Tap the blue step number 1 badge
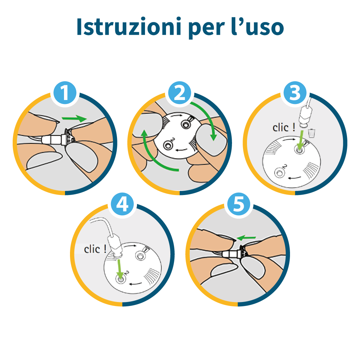(65, 93)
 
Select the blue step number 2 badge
(180, 93)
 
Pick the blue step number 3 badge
(295, 93)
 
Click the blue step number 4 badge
(122, 204)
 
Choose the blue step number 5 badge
(238, 204)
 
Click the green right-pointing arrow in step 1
(74, 118)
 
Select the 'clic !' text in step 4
(95, 249)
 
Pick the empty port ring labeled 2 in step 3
(279, 173)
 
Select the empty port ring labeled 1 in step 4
(140, 256)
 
